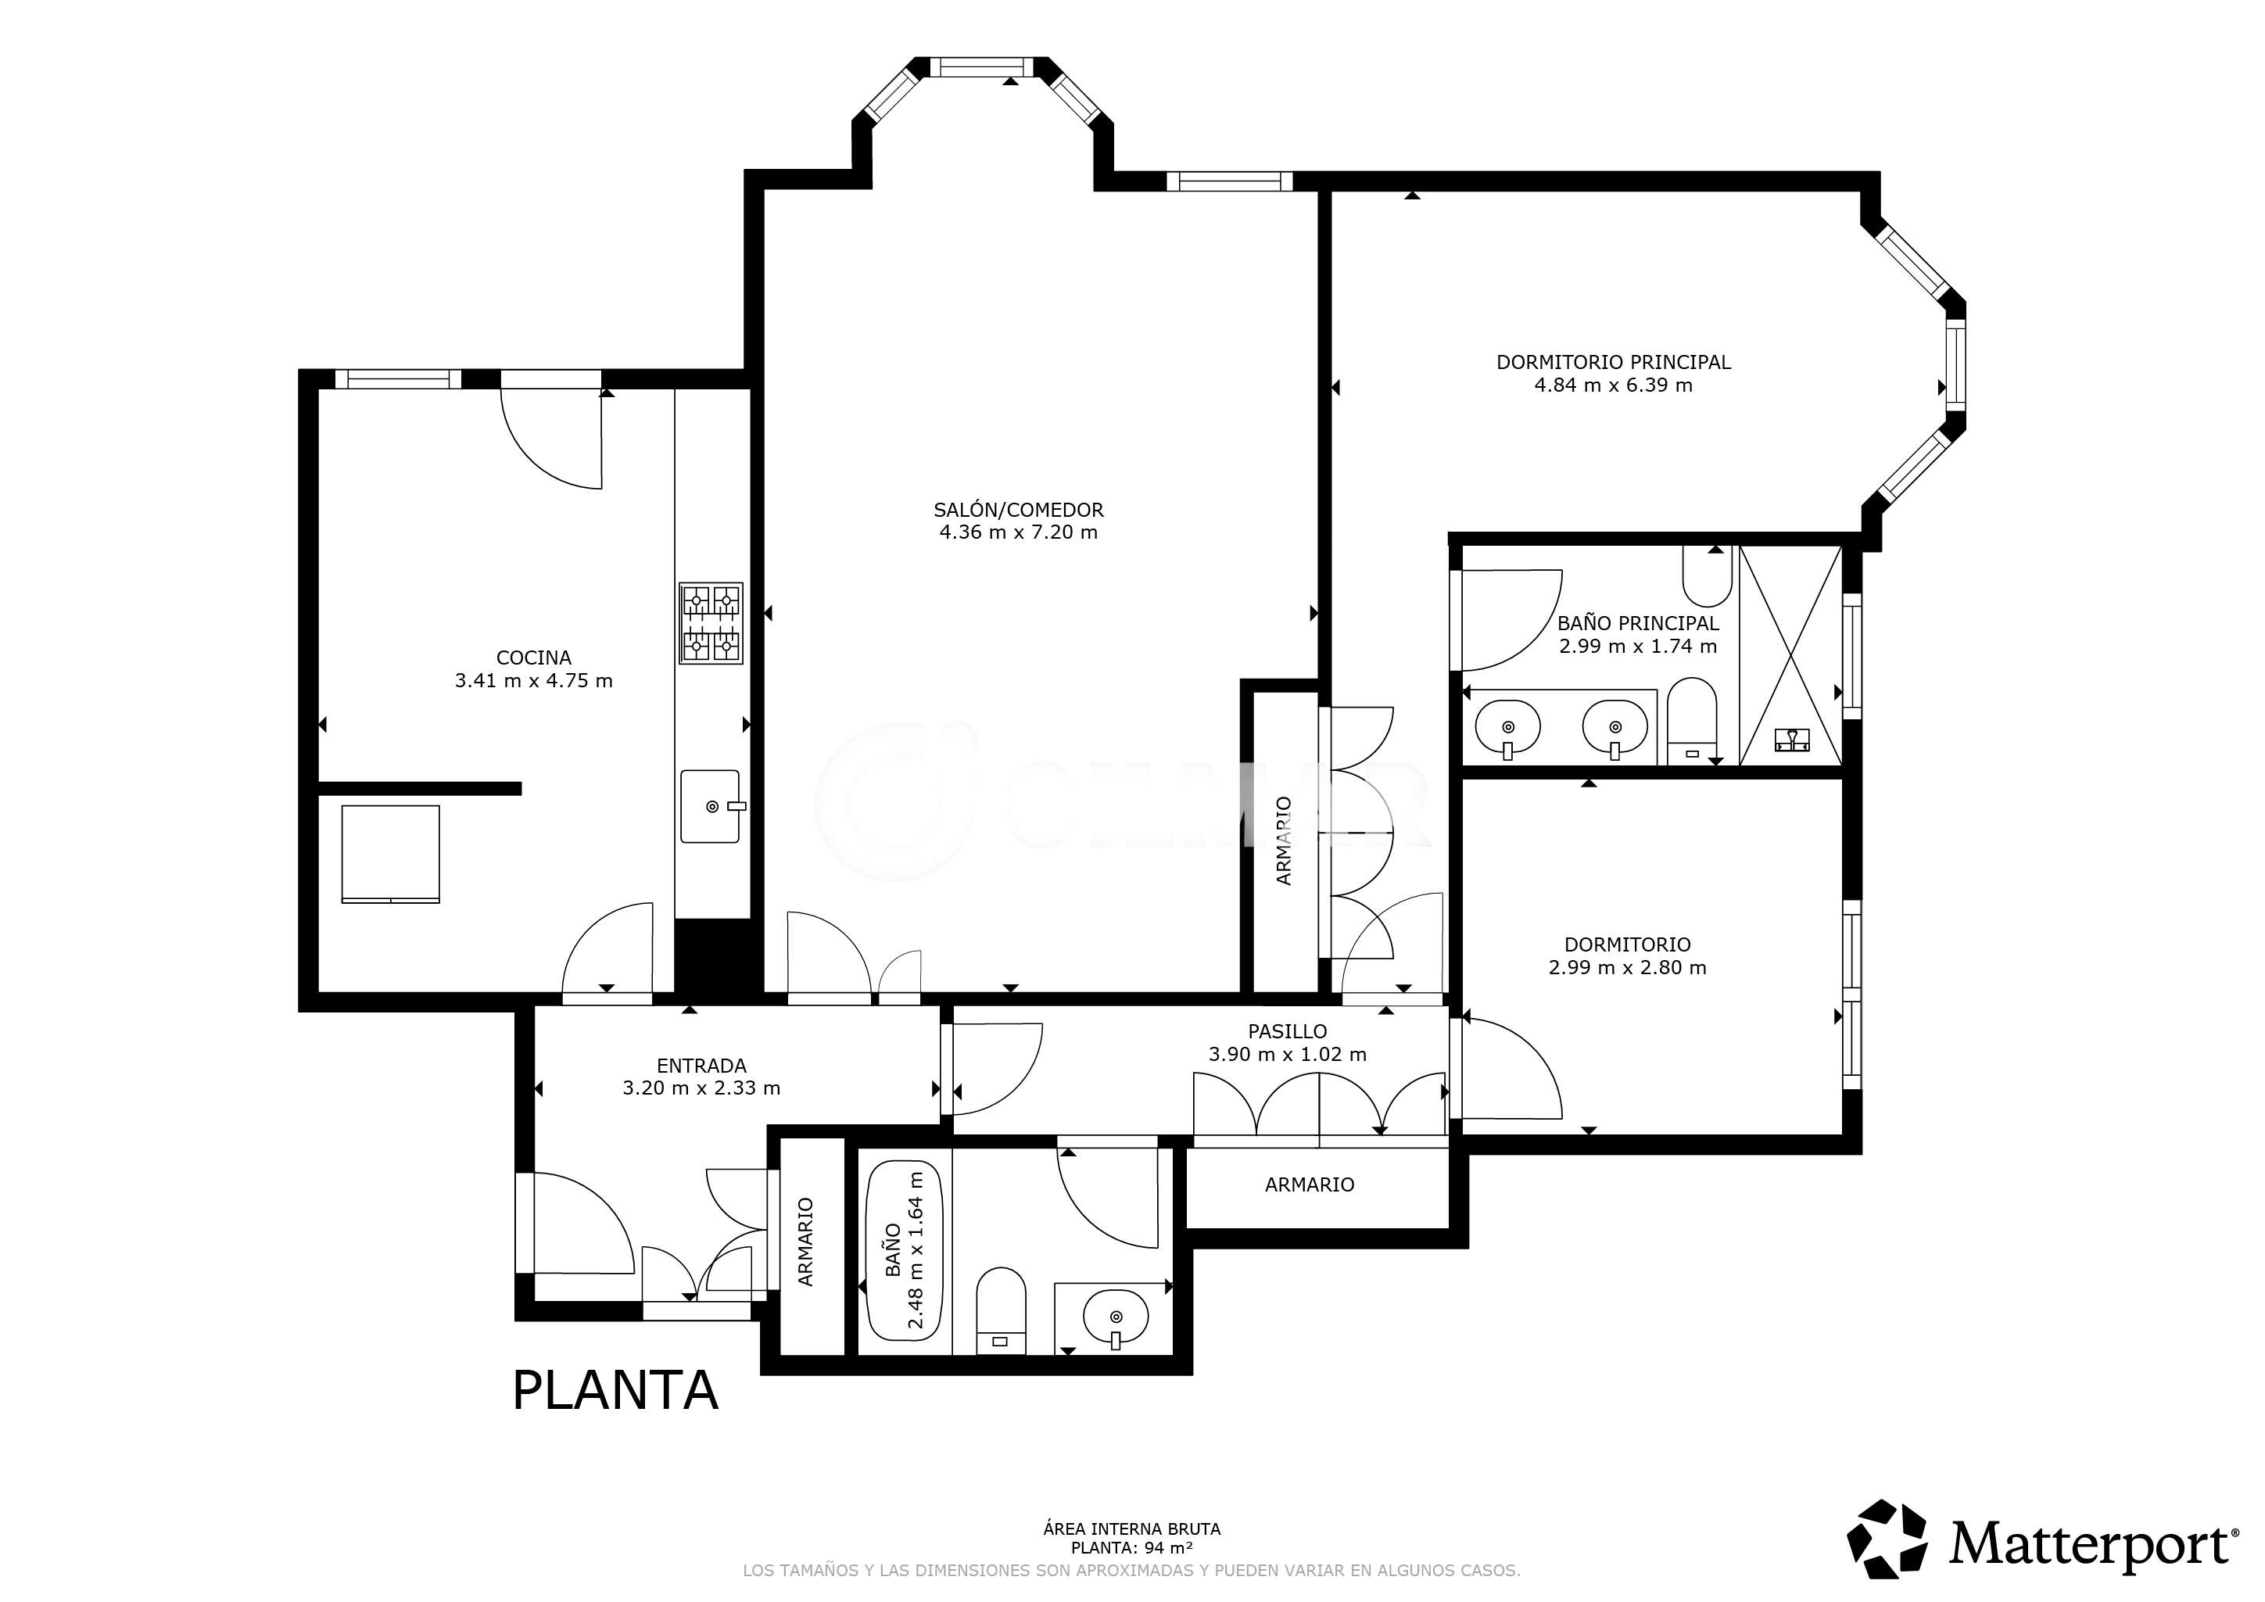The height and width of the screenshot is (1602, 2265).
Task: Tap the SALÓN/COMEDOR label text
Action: (1018, 510)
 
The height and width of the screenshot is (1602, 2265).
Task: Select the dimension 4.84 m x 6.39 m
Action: (1613, 385)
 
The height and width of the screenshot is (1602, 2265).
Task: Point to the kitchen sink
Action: (710, 807)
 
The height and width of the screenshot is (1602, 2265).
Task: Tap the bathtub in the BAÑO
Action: (904, 1250)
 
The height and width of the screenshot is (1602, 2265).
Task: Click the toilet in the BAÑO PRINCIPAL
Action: (1692, 721)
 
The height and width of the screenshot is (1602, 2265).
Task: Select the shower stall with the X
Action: (1790, 655)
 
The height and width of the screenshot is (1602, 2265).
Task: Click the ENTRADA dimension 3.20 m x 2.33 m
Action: (701, 1088)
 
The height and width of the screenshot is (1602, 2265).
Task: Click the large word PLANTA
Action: (615, 1390)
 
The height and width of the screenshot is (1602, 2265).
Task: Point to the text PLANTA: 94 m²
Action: (1131, 1548)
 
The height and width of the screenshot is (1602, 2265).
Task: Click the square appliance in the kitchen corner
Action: (391, 855)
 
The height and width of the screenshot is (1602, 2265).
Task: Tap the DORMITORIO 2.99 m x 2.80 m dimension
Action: (1628, 968)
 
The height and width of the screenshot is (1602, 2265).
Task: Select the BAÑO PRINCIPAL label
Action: (1638, 623)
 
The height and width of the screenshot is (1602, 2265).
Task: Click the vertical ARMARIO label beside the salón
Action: (1284, 840)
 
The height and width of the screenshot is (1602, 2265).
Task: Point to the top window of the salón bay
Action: (983, 67)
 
